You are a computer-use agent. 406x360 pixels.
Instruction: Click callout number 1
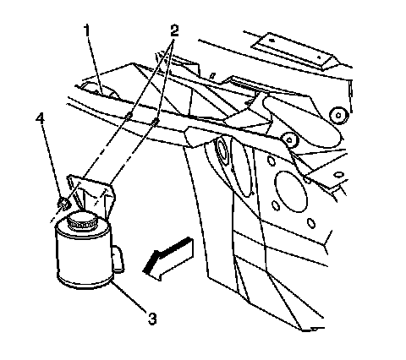pyautogui.click(x=87, y=30)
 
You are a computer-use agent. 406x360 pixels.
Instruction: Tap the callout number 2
pyautogui.click(x=174, y=30)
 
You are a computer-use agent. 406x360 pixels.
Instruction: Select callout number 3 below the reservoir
pyautogui.click(x=152, y=319)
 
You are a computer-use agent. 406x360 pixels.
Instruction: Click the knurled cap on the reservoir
pyautogui.click(x=81, y=221)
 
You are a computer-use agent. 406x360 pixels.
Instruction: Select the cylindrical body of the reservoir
pyautogui.click(x=84, y=254)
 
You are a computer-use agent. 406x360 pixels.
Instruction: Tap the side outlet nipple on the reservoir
pyautogui.click(x=118, y=259)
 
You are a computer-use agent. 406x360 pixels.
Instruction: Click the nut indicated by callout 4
pyautogui.click(x=63, y=204)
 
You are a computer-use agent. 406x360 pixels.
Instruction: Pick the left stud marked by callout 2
pyautogui.click(x=129, y=115)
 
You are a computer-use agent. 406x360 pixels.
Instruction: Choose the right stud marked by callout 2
pyautogui.click(x=155, y=122)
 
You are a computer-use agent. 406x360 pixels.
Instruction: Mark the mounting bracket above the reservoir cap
pyautogui.click(x=91, y=194)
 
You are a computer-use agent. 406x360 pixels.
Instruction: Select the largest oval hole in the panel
pyautogui.click(x=291, y=192)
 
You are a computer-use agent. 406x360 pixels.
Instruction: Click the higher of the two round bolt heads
pyautogui.click(x=339, y=115)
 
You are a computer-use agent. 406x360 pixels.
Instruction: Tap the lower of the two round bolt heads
pyautogui.click(x=289, y=139)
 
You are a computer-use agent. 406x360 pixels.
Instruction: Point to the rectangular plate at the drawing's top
pyautogui.click(x=295, y=51)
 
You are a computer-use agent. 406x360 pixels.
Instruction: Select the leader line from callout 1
pyautogui.click(x=95, y=66)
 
